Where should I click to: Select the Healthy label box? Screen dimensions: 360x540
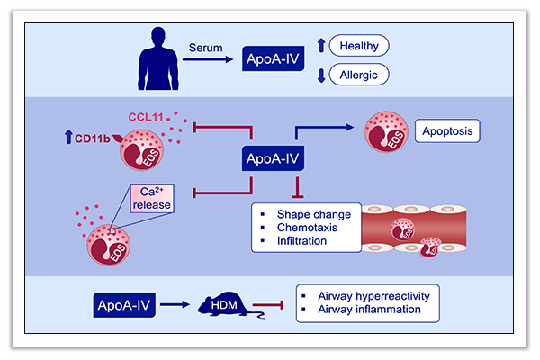pos(358,45)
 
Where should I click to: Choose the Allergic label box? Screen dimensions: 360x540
pos(358,74)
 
